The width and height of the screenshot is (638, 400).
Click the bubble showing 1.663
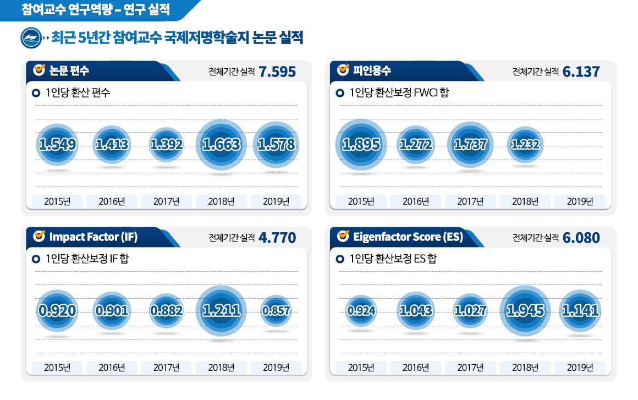[x=221, y=145]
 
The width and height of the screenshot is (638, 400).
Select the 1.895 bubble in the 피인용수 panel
[x=361, y=145]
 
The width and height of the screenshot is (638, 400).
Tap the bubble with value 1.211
[x=221, y=311]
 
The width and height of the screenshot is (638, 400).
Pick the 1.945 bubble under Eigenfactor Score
[x=525, y=311]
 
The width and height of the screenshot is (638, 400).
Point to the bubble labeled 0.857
[x=276, y=311]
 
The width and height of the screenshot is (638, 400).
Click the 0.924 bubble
[x=361, y=311]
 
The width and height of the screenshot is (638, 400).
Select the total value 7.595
[x=277, y=72]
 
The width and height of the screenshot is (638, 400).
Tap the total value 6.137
[x=581, y=72]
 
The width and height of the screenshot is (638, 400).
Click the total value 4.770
[x=277, y=238]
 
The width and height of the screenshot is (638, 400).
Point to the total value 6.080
[x=581, y=238]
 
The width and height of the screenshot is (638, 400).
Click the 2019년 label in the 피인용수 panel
[x=580, y=201]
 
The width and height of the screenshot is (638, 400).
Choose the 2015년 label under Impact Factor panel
[x=57, y=368]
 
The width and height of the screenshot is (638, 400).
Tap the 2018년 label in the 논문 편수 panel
[x=221, y=201]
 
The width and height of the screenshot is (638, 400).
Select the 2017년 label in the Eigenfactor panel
[x=470, y=368]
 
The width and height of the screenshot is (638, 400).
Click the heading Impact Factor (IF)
[x=93, y=237]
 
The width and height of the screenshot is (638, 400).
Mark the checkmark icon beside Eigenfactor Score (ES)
[x=343, y=236]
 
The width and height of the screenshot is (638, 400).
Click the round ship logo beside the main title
[x=29, y=38]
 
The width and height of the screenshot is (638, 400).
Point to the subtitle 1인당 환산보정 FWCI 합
[x=399, y=92]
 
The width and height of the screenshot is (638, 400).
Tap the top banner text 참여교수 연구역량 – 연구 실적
[x=96, y=9]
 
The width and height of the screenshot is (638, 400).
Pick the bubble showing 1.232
[x=525, y=145]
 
